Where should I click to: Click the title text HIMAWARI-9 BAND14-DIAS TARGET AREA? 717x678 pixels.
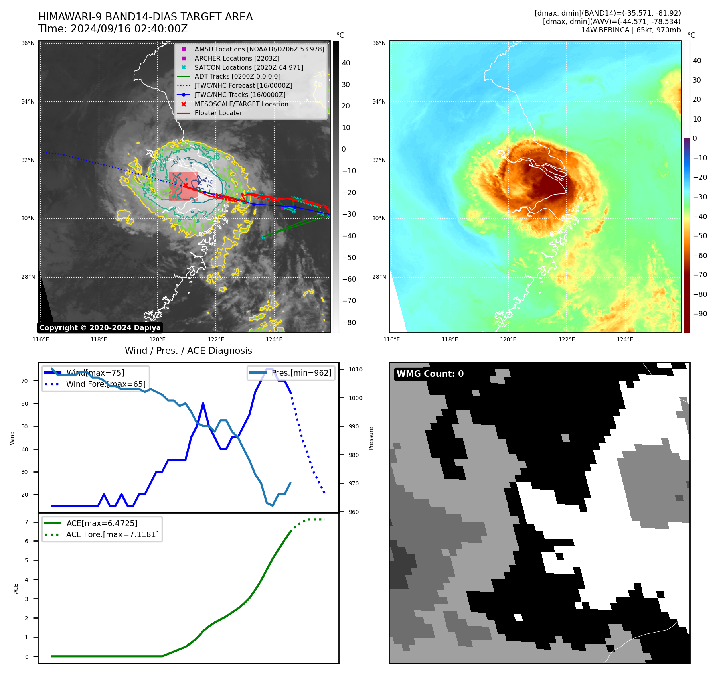[145, 17]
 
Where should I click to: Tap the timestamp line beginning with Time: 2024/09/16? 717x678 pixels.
[113, 29]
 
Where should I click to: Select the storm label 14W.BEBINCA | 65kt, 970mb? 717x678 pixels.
[631, 30]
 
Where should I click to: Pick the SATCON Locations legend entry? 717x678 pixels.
[249, 67]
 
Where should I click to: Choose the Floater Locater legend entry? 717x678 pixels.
[218, 113]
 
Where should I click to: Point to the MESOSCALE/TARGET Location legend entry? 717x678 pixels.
[241, 104]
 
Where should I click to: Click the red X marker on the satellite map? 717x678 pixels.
[185, 185]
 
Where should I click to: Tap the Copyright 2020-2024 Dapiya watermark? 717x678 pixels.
[100, 328]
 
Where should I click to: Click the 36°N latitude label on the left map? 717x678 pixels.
[28, 43]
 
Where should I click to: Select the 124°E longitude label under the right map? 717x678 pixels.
[625, 339]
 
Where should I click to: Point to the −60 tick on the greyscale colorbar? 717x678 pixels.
[349, 279]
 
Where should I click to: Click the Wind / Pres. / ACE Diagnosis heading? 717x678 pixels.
[188, 351]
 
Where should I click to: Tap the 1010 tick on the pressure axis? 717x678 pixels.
[355, 369]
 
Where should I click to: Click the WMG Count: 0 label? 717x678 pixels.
[430, 374]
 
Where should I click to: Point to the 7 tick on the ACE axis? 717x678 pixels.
[26, 522]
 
